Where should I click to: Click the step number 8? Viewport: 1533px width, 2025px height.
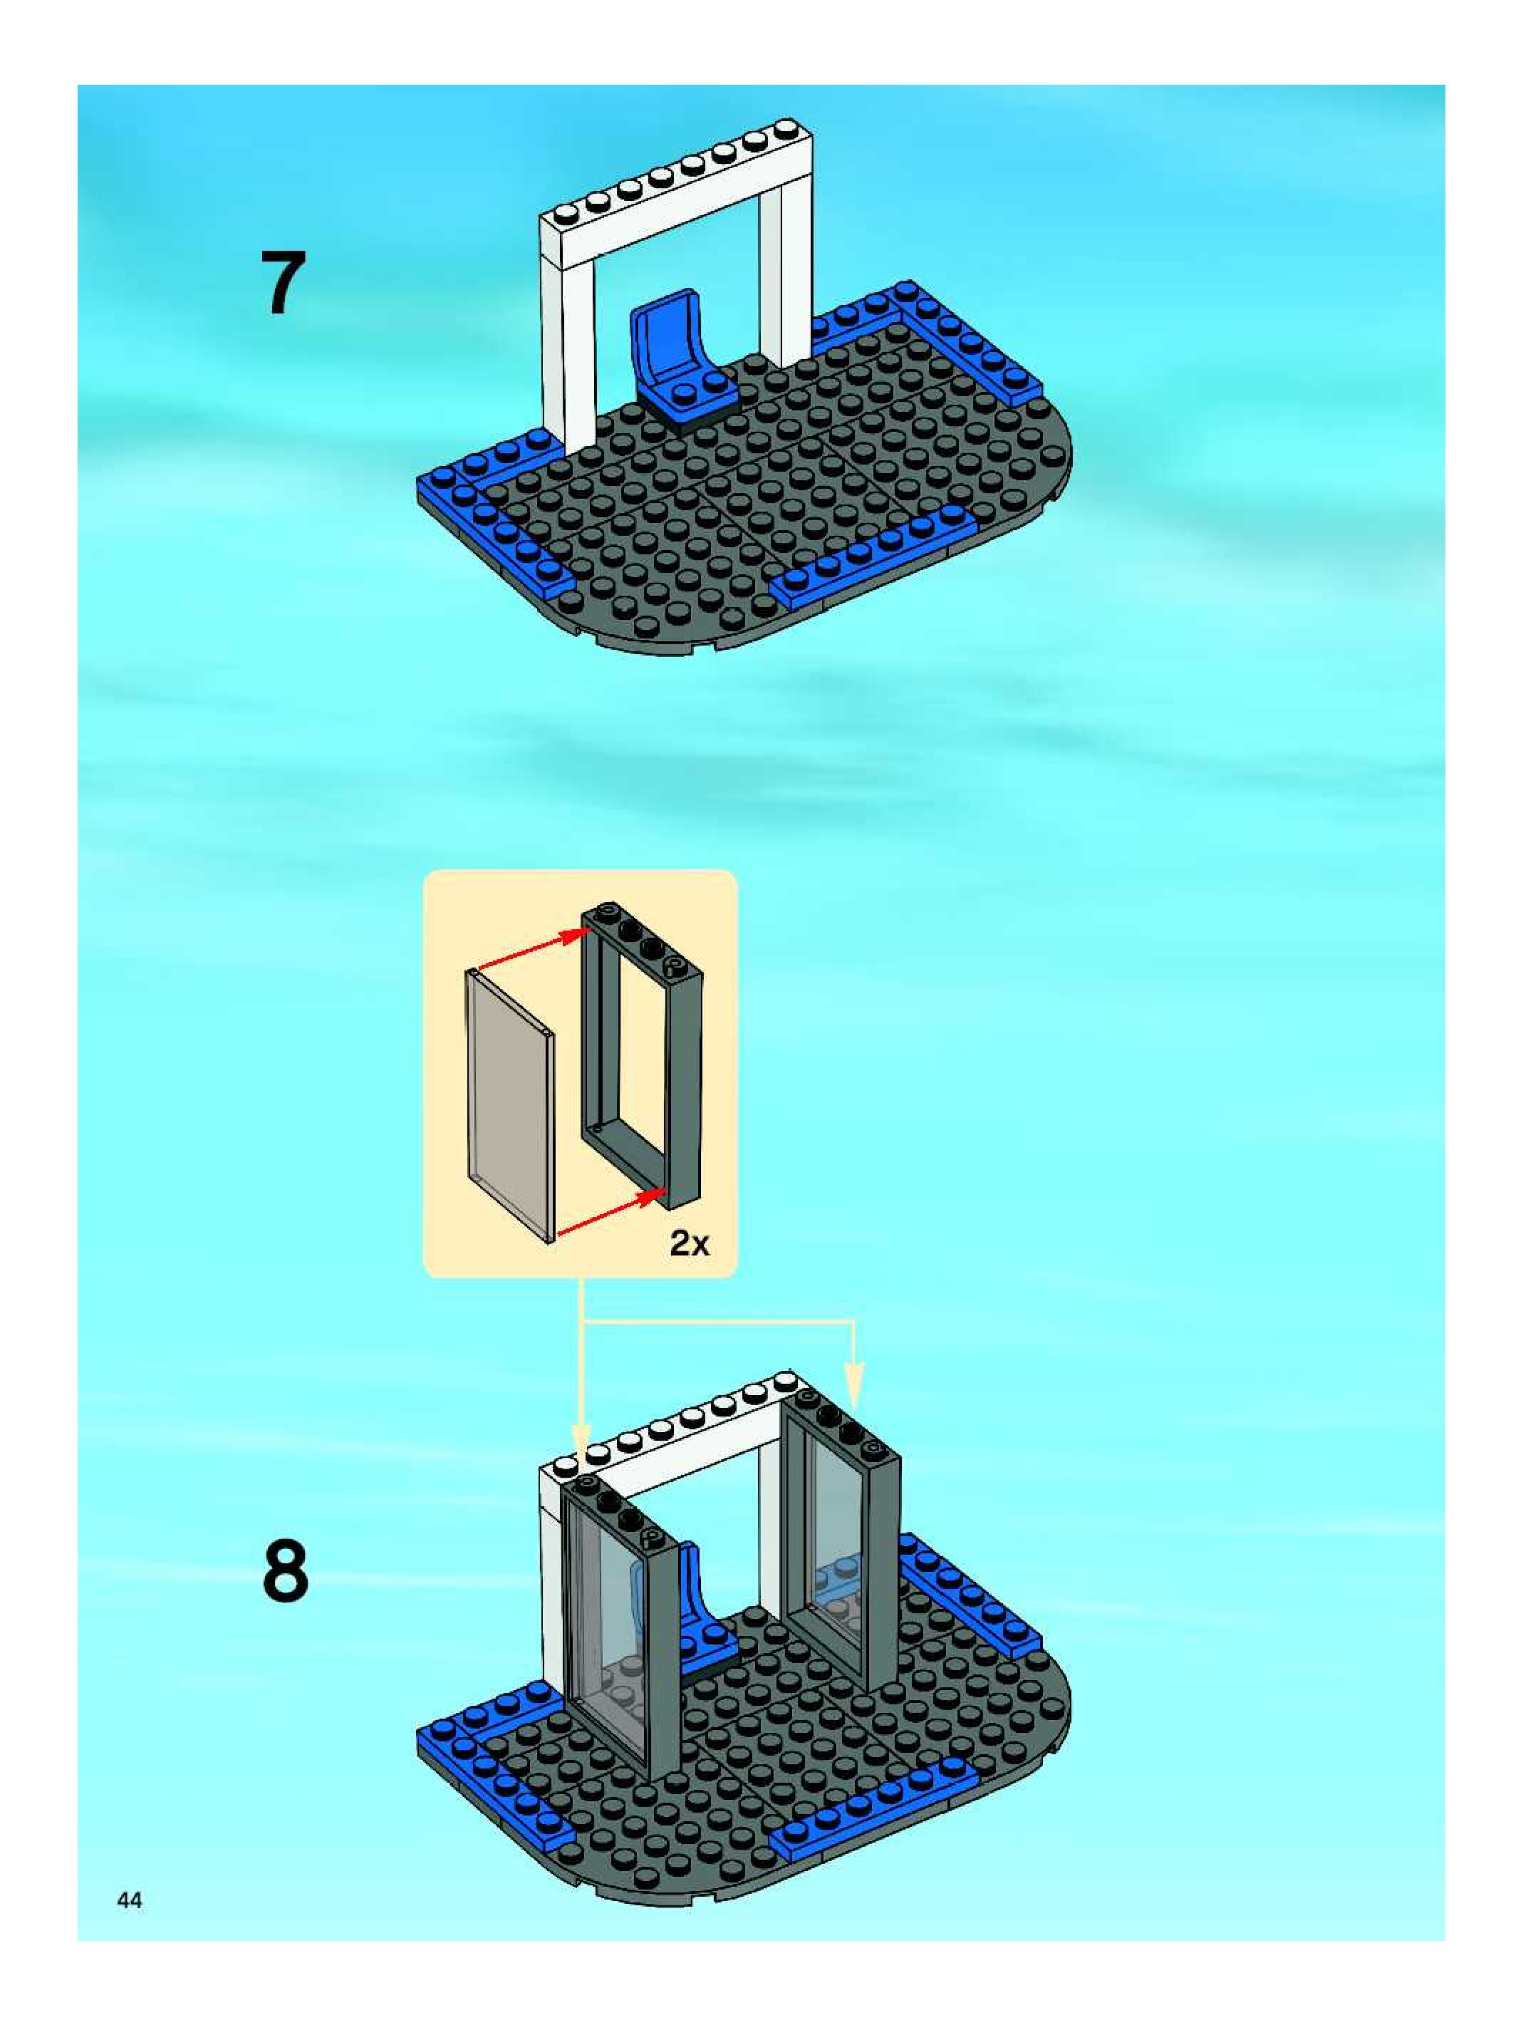coord(286,1571)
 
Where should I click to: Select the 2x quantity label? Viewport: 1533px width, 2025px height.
coord(689,1243)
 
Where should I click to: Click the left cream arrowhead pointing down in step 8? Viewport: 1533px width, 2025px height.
coord(581,1438)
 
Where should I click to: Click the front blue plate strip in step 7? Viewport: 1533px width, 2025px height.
coord(874,554)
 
